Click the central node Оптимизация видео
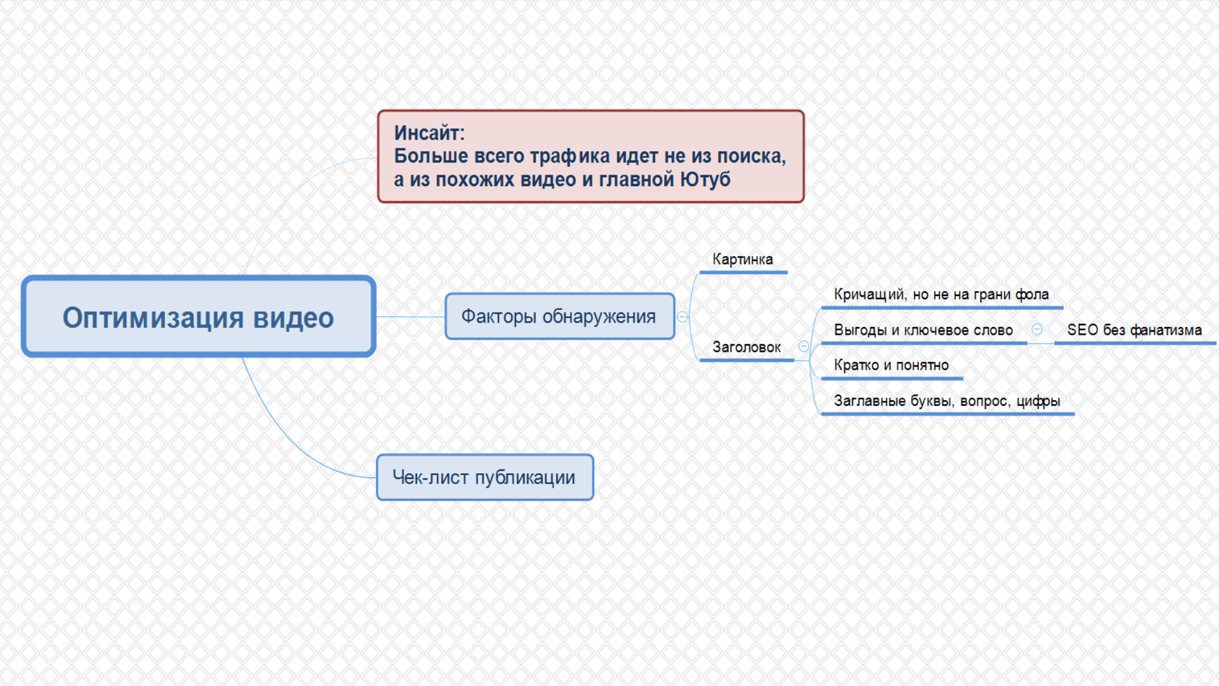click(199, 316)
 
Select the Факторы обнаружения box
click(559, 316)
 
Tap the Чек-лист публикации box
click(485, 477)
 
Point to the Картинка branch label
click(743, 259)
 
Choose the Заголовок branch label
click(747, 347)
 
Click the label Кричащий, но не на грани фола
click(942, 294)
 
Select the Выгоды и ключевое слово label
click(924, 330)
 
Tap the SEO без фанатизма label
click(1135, 330)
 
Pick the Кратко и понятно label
click(891, 365)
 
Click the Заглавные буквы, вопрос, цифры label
click(947, 401)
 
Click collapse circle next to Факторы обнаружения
click(683, 317)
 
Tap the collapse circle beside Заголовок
click(804, 346)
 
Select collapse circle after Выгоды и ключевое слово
click(1037, 329)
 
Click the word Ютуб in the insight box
click(705, 180)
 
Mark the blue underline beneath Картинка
click(743, 272)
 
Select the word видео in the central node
click(293, 318)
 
